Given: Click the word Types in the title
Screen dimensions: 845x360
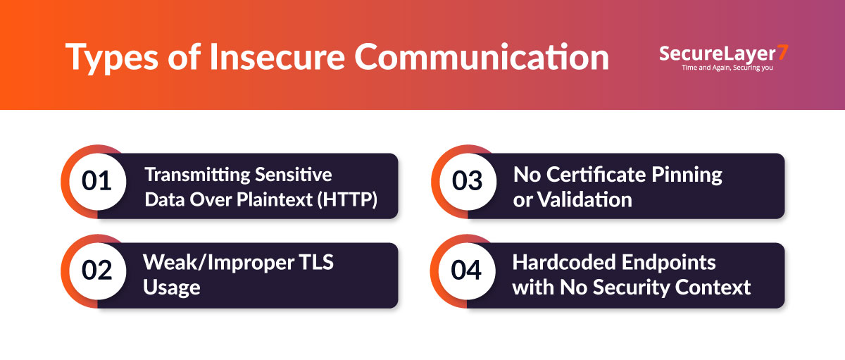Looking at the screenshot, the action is (112, 57).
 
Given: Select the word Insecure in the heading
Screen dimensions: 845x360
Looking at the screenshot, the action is (277, 56).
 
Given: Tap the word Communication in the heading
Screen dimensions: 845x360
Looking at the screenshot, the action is (482, 56).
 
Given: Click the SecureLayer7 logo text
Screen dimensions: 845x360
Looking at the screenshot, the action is (724, 54).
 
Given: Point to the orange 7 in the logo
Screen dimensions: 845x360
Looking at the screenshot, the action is (783, 52).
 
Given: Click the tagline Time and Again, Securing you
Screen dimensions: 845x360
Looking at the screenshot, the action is (727, 68).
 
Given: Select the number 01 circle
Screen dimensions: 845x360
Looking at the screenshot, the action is (97, 182).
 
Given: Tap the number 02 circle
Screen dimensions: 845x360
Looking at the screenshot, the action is (97, 271).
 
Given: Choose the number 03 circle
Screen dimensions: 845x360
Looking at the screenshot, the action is (468, 182).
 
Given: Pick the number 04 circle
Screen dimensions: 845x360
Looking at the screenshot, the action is (467, 271).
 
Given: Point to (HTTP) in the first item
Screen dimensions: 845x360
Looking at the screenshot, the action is (347, 199).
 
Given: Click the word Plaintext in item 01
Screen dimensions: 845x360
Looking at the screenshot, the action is (275, 199).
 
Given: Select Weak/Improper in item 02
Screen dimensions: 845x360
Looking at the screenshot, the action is (218, 263).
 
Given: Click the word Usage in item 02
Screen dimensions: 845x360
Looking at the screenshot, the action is (172, 288).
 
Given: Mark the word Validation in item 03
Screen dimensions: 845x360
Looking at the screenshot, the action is (584, 199).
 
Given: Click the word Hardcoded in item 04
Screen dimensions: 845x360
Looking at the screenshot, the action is (565, 262).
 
